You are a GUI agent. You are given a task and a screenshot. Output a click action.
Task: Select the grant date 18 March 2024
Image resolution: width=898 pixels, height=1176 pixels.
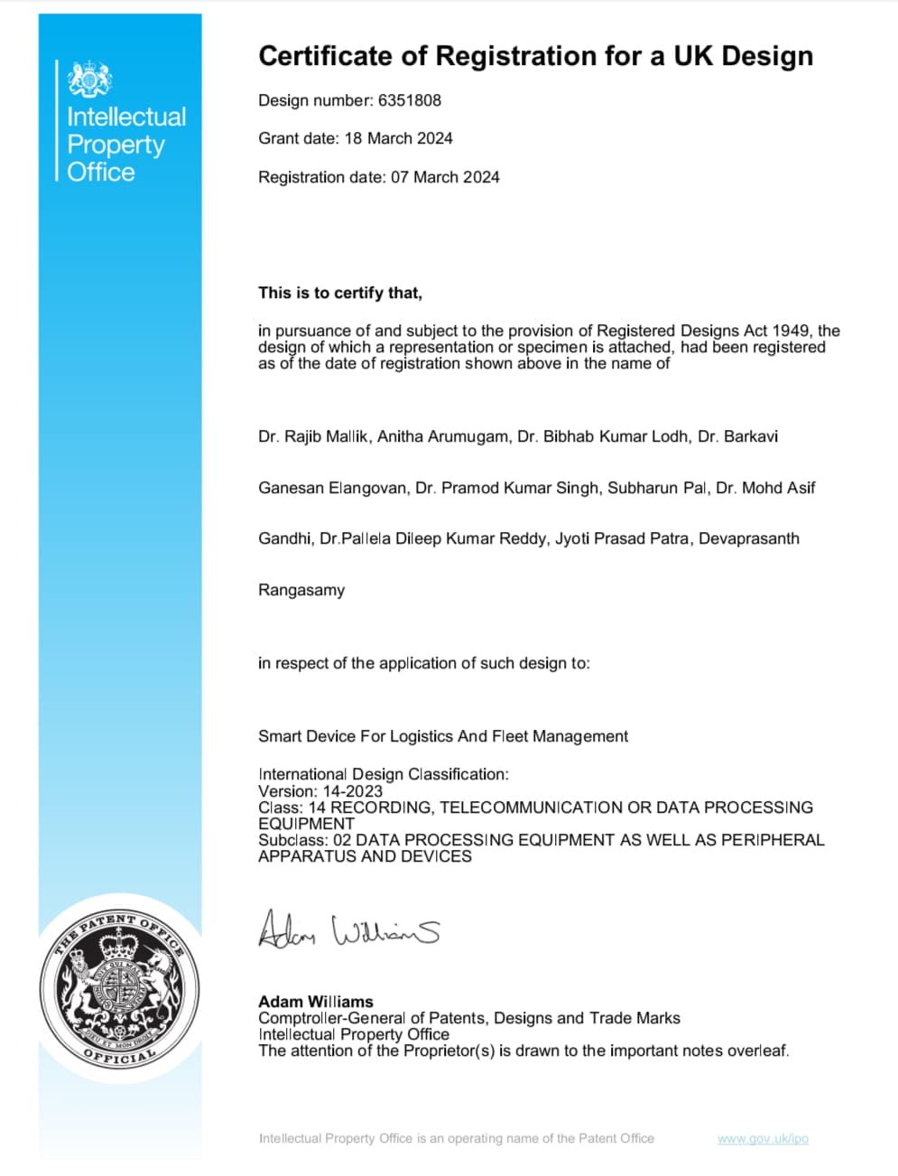(x=398, y=138)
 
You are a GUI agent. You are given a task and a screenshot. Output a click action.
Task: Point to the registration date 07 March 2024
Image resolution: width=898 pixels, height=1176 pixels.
(x=445, y=177)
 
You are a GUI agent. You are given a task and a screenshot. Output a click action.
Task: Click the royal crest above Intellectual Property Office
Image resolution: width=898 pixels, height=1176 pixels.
(x=90, y=79)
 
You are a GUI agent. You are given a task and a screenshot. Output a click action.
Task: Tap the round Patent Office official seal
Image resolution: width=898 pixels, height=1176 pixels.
(x=118, y=990)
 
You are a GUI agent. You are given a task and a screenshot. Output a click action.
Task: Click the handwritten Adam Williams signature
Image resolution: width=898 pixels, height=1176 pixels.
(x=348, y=929)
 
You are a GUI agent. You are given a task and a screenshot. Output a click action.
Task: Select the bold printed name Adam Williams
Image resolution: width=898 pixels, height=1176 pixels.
(x=316, y=1002)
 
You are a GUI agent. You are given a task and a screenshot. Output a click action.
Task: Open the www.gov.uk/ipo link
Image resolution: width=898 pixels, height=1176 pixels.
(x=763, y=1138)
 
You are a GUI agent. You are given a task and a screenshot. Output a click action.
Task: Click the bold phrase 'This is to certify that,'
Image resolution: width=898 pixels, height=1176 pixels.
(x=340, y=293)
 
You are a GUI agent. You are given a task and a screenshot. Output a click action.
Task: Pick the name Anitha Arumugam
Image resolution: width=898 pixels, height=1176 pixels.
(x=442, y=436)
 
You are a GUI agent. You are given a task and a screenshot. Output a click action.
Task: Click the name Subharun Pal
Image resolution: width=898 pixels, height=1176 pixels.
(x=657, y=488)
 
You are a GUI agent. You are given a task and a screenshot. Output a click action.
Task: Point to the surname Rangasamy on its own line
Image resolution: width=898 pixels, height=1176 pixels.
(x=301, y=590)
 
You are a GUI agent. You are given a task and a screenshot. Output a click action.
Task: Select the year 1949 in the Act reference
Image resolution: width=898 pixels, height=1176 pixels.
(x=792, y=331)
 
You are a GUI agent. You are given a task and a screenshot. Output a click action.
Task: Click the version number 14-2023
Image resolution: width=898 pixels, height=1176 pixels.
(x=351, y=790)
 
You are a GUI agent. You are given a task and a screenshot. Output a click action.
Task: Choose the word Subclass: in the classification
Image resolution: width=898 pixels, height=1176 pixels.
(x=293, y=840)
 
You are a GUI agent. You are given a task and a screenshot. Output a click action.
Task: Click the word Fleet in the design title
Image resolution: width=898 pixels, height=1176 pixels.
(x=510, y=736)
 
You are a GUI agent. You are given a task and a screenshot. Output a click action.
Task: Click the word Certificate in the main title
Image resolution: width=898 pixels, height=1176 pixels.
(x=326, y=56)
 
